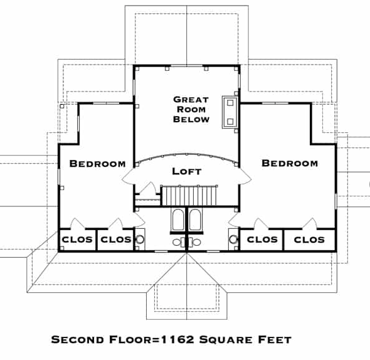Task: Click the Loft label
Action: (x=187, y=171)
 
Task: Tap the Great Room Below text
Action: (x=191, y=109)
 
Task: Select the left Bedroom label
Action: (x=97, y=164)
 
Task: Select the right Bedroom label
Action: (x=290, y=163)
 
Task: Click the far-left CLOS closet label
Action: (x=77, y=240)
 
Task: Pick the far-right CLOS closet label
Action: (x=309, y=240)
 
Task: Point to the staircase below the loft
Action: (x=189, y=196)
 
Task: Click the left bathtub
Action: (x=177, y=220)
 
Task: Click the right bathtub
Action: (x=196, y=220)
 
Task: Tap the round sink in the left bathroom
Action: (x=140, y=240)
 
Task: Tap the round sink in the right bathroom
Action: (x=233, y=239)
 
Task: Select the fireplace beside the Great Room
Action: (x=230, y=112)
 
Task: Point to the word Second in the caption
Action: (x=77, y=340)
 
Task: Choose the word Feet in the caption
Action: (x=275, y=340)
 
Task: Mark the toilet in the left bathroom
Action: (x=179, y=242)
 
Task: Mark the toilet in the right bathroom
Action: (x=194, y=242)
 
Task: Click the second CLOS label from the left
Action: (x=116, y=240)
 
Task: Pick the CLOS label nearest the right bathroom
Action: (x=262, y=240)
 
